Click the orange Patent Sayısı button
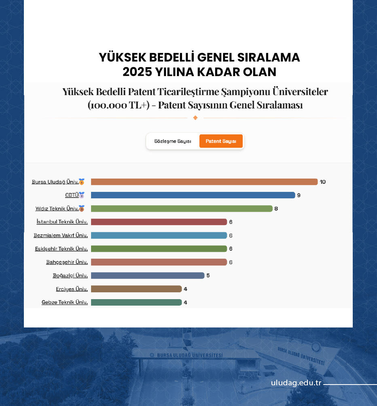tap(221, 141)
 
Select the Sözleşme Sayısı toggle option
tap(173, 141)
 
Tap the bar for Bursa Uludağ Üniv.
tap(204, 182)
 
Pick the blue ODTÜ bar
tap(193, 195)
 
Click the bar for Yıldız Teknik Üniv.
tap(182, 208)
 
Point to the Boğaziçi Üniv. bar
tap(148, 276)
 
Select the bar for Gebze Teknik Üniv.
tap(136, 302)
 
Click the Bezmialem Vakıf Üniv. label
tap(61, 235)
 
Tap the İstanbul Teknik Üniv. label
tap(62, 222)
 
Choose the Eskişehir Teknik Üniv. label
tap(61, 249)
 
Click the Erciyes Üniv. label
tap(72, 289)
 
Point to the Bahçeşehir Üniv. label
tap(67, 262)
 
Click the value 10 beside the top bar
tap(322, 182)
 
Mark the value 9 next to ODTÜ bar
tap(299, 196)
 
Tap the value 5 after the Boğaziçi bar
tap(208, 276)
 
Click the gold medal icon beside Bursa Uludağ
tap(82, 182)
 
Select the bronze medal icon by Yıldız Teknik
tap(82, 209)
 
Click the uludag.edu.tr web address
tap(296, 383)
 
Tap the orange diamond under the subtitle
tap(195, 118)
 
